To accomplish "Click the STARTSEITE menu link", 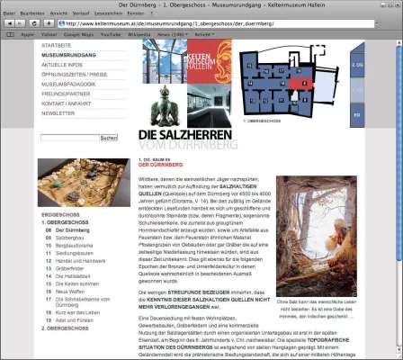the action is pos(57,45).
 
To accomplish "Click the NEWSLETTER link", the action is pos(58,114).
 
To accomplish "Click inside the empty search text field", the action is pos(69,138).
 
